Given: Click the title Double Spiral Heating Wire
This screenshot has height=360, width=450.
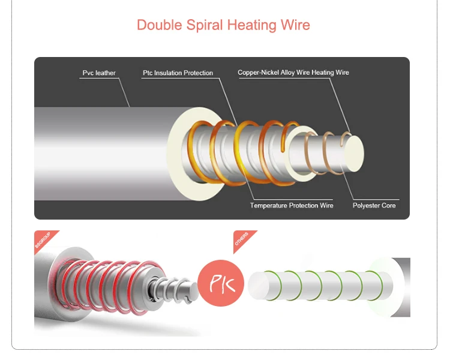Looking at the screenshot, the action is pyautogui.click(x=223, y=25).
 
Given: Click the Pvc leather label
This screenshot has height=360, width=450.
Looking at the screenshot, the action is pyautogui.click(x=99, y=73).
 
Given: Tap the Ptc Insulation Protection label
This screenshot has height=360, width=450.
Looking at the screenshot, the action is pyautogui.click(x=178, y=73).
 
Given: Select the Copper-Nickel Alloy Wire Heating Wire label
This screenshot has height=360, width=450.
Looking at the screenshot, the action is pyautogui.click(x=293, y=73).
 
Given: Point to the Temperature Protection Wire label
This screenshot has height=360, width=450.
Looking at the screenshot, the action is pyautogui.click(x=292, y=206).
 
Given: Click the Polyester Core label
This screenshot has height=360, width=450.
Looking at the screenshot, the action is pyautogui.click(x=374, y=206).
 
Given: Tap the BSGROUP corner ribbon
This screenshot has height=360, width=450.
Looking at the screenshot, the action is pyautogui.click(x=43, y=240).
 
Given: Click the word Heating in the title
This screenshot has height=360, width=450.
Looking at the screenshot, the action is pyautogui.click(x=253, y=25).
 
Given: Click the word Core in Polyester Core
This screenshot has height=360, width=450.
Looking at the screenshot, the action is pyautogui.click(x=388, y=206).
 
